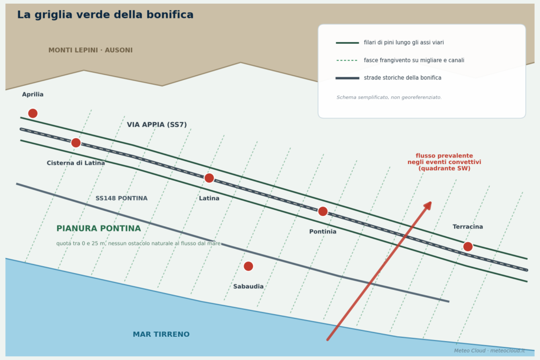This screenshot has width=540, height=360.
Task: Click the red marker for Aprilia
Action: (x=33, y=113)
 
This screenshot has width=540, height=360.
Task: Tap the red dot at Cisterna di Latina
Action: (x=76, y=142)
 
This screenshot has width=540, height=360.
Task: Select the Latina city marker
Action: (x=209, y=178)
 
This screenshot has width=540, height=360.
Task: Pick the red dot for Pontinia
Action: (x=323, y=211)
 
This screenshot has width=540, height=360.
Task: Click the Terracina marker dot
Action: (x=468, y=247)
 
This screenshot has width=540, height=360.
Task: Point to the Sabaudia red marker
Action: (x=248, y=266)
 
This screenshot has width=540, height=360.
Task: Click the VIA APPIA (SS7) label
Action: (x=157, y=124)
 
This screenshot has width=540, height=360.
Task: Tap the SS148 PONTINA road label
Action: (x=121, y=198)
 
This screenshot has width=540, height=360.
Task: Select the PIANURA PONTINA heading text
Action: (x=99, y=229)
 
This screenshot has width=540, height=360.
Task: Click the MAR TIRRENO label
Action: (x=161, y=334)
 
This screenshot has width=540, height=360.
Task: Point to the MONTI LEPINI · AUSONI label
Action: (x=90, y=50)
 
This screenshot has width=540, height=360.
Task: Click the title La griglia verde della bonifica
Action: (x=105, y=14)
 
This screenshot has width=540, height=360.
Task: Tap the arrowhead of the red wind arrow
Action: (x=428, y=206)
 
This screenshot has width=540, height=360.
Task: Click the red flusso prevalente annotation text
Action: (x=444, y=162)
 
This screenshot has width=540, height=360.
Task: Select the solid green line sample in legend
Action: (x=348, y=43)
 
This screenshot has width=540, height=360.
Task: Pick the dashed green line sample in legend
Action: (x=347, y=61)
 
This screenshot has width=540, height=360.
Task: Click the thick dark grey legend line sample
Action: (x=348, y=78)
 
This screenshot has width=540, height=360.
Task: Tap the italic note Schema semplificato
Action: (x=389, y=98)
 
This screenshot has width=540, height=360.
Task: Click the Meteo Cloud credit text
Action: (x=489, y=351)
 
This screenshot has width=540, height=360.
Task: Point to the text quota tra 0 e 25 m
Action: (x=139, y=244)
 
